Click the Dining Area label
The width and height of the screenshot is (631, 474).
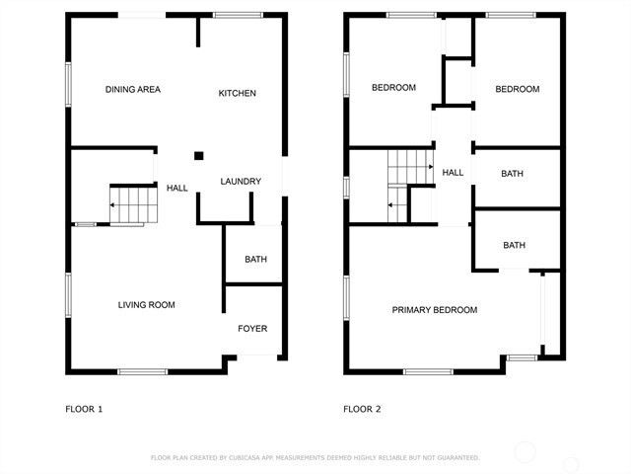[x=133, y=90]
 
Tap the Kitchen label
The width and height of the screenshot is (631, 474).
[x=237, y=93]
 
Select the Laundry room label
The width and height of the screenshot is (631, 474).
[x=241, y=181]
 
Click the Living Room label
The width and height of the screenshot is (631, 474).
[x=147, y=305]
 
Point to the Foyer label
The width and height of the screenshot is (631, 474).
[x=252, y=329]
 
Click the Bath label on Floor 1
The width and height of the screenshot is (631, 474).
[x=255, y=260]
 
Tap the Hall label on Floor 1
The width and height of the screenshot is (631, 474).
[x=177, y=188]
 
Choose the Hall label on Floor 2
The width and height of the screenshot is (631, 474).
[x=453, y=173]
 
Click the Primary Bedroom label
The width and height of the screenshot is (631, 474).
[x=435, y=310]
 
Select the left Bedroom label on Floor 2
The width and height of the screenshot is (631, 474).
[x=393, y=88]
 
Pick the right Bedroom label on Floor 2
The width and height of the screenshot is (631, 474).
[x=517, y=89]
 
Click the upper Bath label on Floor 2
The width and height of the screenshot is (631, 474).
[x=513, y=174]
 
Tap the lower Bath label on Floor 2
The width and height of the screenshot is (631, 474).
[x=515, y=245]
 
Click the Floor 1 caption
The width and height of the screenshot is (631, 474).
[x=84, y=409]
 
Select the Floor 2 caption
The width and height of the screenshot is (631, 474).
[x=362, y=409]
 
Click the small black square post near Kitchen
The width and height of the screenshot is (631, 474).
[x=198, y=155]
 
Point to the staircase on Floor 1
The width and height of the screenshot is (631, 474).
[x=133, y=205]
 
